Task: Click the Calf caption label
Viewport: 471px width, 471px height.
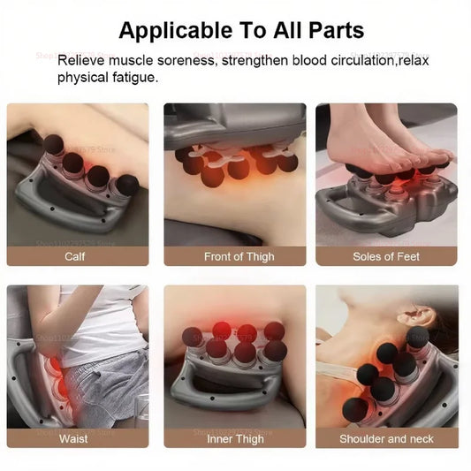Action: click(x=75, y=256)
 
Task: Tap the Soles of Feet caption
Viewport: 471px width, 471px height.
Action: click(x=386, y=256)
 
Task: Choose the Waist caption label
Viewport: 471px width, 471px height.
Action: click(x=73, y=438)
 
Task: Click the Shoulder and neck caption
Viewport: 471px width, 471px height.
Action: click(x=386, y=438)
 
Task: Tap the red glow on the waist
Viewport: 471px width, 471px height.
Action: click(x=55, y=376)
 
